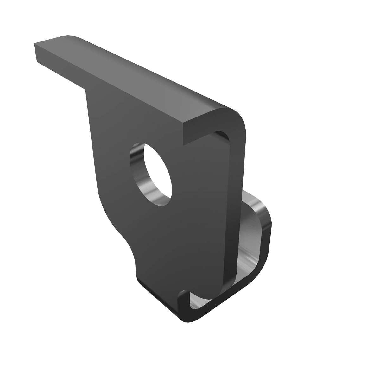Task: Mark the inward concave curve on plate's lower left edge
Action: tap(125, 241)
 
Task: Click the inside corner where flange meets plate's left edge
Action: tap(86, 90)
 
